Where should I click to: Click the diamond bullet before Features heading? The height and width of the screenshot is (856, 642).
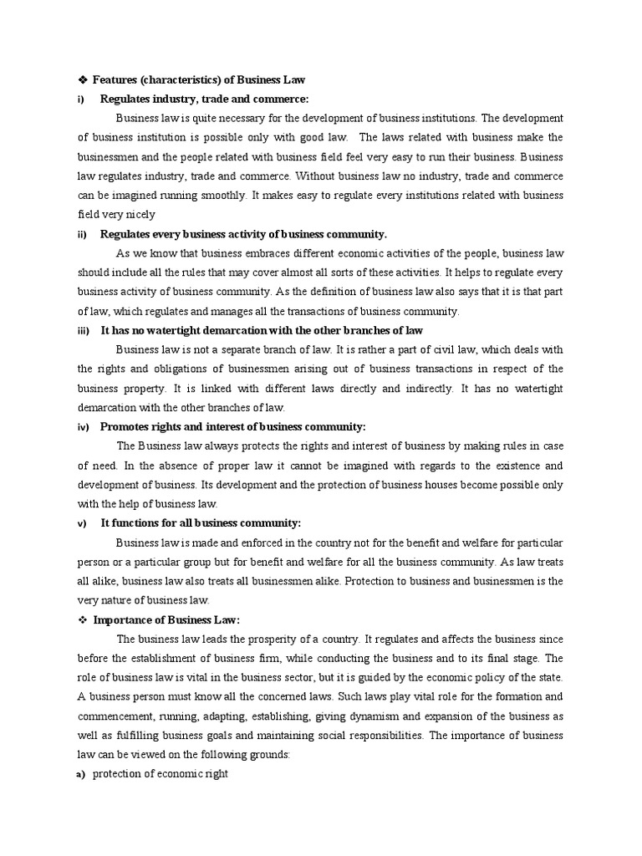[x=82, y=79]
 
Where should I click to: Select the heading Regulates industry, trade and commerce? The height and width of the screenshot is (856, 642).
[x=204, y=99]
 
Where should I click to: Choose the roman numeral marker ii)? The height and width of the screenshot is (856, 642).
[x=82, y=234]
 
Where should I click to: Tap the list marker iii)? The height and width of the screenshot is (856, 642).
[x=83, y=331]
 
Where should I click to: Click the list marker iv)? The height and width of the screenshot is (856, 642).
[x=83, y=427]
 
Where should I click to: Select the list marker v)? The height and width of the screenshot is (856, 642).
[x=82, y=523]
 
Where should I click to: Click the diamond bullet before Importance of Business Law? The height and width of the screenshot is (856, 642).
[x=82, y=619]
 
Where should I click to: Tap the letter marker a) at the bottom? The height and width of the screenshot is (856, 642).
[x=81, y=774]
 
